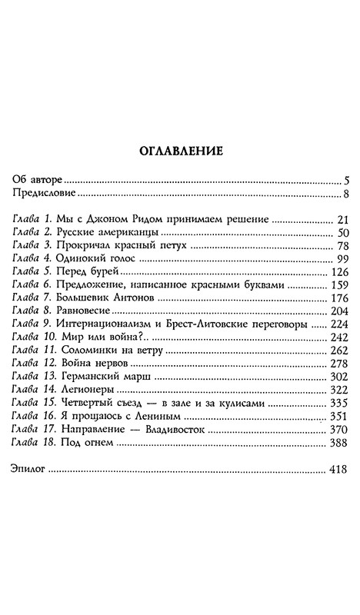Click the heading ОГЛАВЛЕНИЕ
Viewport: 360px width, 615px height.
coord(180,151)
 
